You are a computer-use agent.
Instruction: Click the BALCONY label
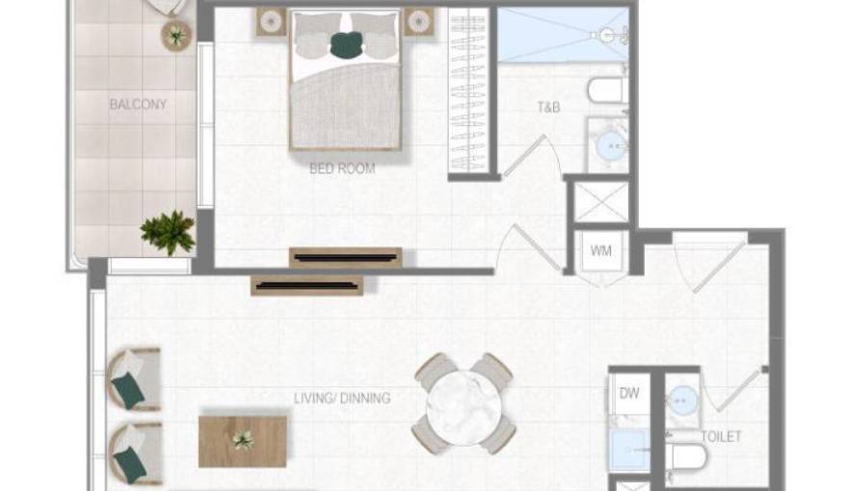[x=138, y=104]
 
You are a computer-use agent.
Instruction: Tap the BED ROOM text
[x=342, y=168]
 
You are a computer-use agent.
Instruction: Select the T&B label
[x=548, y=108]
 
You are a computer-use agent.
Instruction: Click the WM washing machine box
[x=600, y=252]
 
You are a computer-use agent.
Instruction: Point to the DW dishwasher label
[x=629, y=393]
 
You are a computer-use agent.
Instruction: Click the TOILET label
[x=721, y=437]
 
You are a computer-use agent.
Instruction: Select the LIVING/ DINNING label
[x=342, y=398]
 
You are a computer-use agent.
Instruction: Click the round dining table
[x=464, y=403]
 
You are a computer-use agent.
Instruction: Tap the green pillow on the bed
[x=346, y=43]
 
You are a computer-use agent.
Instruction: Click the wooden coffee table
[x=243, y=441]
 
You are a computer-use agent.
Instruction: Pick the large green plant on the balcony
[x=168, y=232]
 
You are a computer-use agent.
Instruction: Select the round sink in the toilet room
[x=683, y=399]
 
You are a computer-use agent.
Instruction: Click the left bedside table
[x=271, y=22]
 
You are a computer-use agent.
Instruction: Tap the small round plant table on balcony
[x=176, y=36]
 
